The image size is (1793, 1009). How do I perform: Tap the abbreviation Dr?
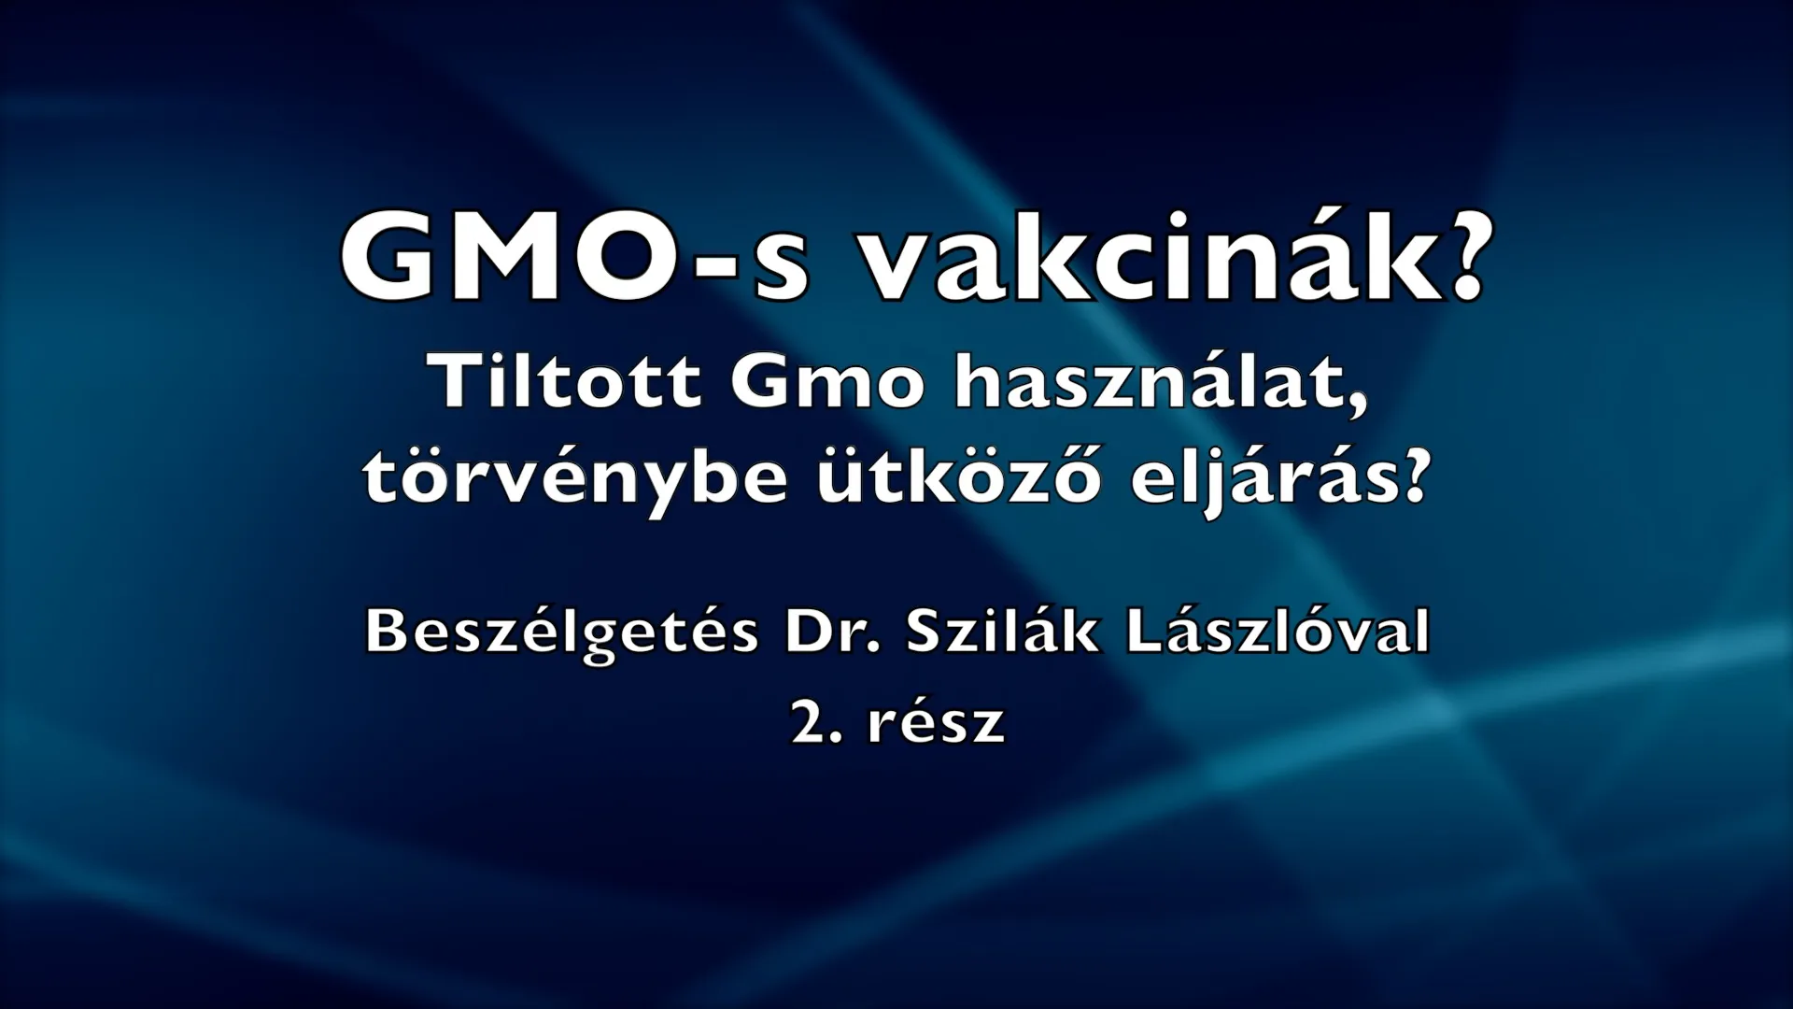click(833, 632)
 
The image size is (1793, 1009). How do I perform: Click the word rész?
click(937, 722)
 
